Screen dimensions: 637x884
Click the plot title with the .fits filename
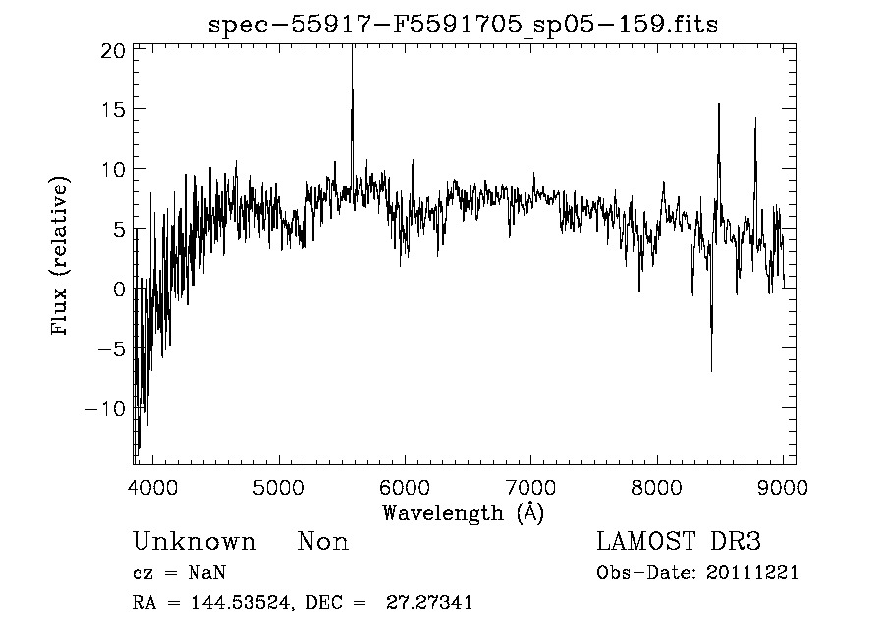(x=463, y=26)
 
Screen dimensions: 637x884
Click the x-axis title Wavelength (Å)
(x=463, y=512)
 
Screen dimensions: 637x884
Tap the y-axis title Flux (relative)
(x=62, y=256)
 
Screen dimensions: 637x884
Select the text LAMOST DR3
(x=679, y=542)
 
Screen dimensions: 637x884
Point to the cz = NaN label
(x=181, y=573)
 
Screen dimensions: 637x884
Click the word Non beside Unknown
(x=323, y=542)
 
